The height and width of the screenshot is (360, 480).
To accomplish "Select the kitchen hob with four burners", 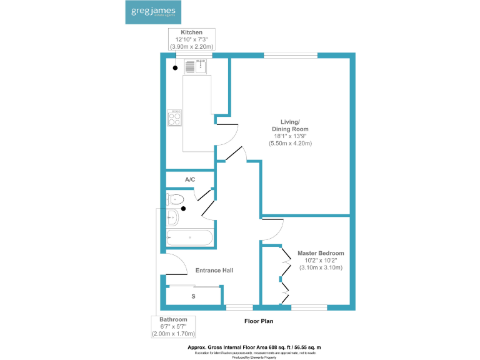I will point(175,117).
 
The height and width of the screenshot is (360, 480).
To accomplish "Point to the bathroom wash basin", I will point(172,217).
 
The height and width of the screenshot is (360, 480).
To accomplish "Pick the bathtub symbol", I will point(189,237).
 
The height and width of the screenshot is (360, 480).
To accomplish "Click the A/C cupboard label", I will point(190,180).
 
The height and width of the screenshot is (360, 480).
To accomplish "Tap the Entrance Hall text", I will point(214,270).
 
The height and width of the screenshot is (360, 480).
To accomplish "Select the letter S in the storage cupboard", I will point(193,296).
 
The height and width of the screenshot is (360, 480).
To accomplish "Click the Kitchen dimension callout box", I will point(191,39).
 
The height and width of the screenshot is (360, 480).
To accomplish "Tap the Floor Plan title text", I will point(259,321).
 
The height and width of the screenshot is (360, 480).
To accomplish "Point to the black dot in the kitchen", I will point(176,67).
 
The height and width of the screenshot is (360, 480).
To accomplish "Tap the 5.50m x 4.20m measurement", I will point(290,143).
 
